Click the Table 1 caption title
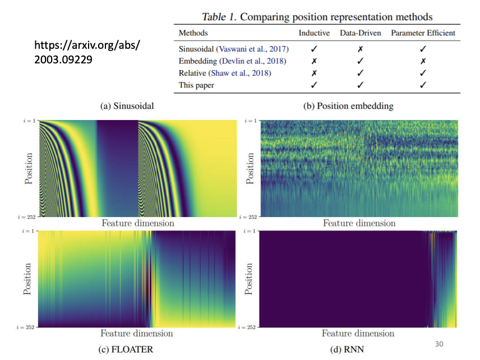(x=316, y=17)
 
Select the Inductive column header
(x=314, y=34)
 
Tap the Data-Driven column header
(x=360, y=34)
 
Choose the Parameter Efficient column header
(x=423, y=34)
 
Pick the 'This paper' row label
(x=196, y=85)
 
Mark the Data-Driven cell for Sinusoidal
(x=360, y=49)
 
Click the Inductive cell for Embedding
(x=314, y=61)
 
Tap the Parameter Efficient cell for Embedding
(x=423, y=61)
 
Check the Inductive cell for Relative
(x=314, y=73)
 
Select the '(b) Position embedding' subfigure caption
(x=347, y=106)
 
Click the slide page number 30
(x=439, y=343)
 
